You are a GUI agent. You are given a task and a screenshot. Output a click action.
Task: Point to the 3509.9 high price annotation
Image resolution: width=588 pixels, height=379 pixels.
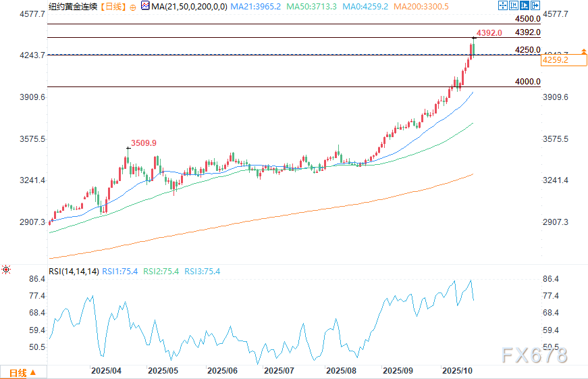click(x=144, y=143)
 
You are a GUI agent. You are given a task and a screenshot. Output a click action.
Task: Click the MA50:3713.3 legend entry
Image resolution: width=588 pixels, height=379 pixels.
click(x=314, y=6)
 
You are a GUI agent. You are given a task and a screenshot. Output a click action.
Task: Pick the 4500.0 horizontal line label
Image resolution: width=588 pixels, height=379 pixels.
click(x=527, y=19)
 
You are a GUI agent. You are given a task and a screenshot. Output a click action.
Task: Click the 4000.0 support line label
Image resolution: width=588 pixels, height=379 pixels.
click(x=527, y=82)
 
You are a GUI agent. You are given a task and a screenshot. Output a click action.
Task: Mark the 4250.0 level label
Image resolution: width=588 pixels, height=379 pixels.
click(x=527, y=50)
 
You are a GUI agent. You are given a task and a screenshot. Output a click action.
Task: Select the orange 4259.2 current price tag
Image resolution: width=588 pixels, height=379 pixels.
click(x=555, y=60)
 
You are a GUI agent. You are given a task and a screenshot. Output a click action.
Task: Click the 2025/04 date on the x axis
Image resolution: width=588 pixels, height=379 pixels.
click(x=106, y=371)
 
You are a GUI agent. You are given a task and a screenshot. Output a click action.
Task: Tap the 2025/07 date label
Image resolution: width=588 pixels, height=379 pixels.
click(x=279, y=371)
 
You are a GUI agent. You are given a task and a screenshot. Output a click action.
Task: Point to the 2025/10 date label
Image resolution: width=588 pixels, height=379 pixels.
click(x=457, y=371)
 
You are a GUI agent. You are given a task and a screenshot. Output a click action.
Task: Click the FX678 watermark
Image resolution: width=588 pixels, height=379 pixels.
click(x=533, y=355)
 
